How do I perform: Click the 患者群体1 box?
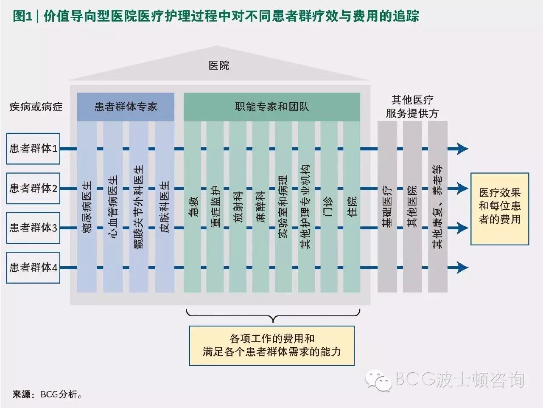pyautogui.click(x=33, y=149)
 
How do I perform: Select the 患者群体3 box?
pyautogui.click(x=33, y=228)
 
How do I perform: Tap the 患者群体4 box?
pyautogui.click(x=33, y=267)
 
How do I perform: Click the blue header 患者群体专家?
pyautogui.click(x=126, y=107)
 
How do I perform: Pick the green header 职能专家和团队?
pyautogui.click(x=272, y=107)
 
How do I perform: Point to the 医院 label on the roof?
pyautogui.click(x=219, y=65)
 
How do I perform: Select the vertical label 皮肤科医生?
pyautogui.click(x=165, y=207)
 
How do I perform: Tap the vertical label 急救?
pyautogui.click(x=193, y=207)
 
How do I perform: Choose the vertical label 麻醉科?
pyautogui.click(x=261, y=207)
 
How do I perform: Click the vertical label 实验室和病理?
pyautogui.click(x=283, y=207)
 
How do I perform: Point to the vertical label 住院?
pyautogui.click(x=352, y=207)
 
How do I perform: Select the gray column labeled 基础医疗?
pyautogui.click(x=387, y=207)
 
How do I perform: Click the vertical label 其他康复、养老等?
pyautogui.click(x=437, y=207)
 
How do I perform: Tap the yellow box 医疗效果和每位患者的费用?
pyautogui.click(x=500, y=209)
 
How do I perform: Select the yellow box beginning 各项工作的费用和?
pyautogui.click(x=272, y=346)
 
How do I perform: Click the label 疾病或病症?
pyautogui.click(x=36, y=107)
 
